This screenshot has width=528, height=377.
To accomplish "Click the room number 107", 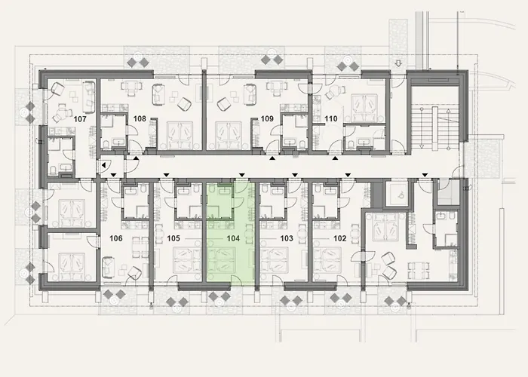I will click(x=81, y=118).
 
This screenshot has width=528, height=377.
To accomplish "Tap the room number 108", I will click(x=140, y=118).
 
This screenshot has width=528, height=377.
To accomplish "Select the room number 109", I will click(x=267, y=118).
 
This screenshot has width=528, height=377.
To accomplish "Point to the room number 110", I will click(x=330, y=118).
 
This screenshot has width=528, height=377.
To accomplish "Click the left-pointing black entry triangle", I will click(x=102, y=164).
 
